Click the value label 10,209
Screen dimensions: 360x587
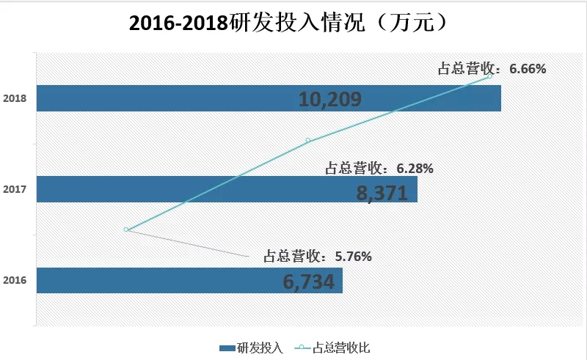[330, 99]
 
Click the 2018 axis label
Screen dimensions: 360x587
[15, 98]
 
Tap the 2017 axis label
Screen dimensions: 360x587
[15, 190]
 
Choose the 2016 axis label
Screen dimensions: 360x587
[15, 280]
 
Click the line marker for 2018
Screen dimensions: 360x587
[489, 76]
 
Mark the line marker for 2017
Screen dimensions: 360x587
[308, 140]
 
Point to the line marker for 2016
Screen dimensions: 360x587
[127, 229]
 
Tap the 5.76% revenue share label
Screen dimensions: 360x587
[318, 257]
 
